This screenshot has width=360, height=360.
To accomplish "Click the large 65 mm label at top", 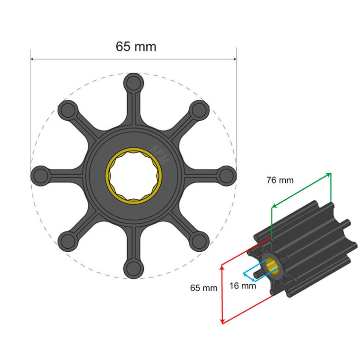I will pyautogui.click(x=136, y=46).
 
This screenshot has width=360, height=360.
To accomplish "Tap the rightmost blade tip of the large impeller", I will pyautogui.click(x=227, y=174).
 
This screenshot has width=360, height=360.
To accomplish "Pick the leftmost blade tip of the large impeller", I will pyautogui.click(x=39, y=175).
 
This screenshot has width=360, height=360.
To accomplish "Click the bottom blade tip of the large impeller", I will pyautogui.click(x=133, y=268).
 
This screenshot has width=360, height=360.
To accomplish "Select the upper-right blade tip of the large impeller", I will pyautogui.click(x=199, y=108).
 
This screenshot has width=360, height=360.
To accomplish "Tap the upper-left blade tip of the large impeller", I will pyautogui.click(x=67, y=108).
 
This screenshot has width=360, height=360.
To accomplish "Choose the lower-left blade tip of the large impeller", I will pyautogui.click(x=67, y=240).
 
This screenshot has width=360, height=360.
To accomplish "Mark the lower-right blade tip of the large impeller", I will pyautogui.click(x=199, y=240).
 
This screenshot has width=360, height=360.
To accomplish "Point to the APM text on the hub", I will pyautogui.click(x=161, y=154).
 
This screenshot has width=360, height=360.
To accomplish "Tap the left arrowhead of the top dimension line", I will pyautogui.click(x=33, y=59).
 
